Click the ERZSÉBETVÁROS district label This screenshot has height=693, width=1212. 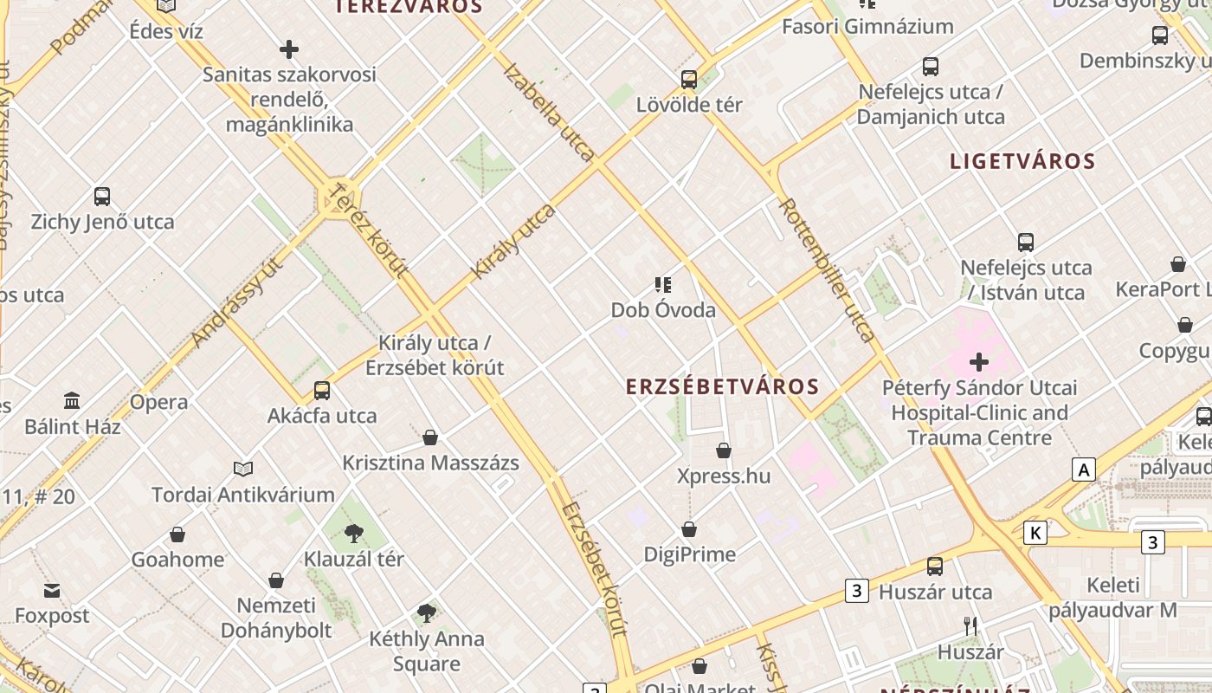pos(722,386)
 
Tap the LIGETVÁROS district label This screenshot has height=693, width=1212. pos(1022,161)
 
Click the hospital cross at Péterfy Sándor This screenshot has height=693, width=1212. pos(979,361)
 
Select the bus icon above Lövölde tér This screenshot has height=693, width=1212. pos(689,80)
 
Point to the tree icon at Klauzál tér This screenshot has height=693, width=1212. pos(353,533)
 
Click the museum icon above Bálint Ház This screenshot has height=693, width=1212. pos(72,401)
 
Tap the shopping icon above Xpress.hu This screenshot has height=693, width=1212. pos(724,450)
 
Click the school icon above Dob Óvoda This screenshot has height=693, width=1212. pos(663,284)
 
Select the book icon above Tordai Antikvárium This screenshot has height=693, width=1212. pos(243,469)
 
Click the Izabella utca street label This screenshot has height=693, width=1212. pos(548,112)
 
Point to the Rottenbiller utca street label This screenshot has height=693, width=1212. pos(826,269)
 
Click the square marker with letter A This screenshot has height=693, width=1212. pos(1083,470)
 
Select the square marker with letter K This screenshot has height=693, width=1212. pos(1035,532)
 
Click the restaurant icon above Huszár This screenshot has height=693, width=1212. pos(970,625)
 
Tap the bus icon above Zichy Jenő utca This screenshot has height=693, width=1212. pos(102,197)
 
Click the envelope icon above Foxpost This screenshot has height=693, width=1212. pos(52,591)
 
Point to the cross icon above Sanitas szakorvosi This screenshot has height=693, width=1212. pos(289,49)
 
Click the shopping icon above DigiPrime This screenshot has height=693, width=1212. pos(690,528)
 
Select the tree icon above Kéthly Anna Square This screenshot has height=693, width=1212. pos(426,613)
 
